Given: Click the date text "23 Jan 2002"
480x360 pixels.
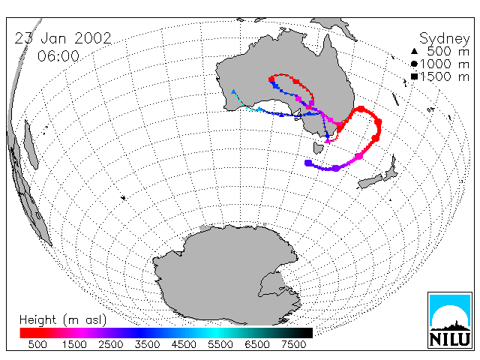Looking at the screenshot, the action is pyautogui.click(x=63, y=38).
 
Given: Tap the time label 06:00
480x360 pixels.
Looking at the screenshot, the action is pyautogui.click(x=58, y=56).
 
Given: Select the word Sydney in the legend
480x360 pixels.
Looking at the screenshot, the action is pyautogui.click(x=445, y=39).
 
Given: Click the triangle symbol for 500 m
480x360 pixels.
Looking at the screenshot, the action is pyautogui.click(x=414, y=51).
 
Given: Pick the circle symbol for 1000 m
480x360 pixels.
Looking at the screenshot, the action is pyautogui.click(x=414, y=64).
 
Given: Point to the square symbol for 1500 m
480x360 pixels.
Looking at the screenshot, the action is pyautogui.click(x=415, y=76).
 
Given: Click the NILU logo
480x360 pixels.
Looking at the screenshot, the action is pyautogui.click(x=450, y=320).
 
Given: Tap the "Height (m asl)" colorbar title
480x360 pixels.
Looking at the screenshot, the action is pyautogui.click(x=63, y=320).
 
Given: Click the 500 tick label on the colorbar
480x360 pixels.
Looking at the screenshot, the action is pyautogui.click(x=37, y=344).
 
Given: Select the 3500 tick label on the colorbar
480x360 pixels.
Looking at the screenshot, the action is pyautogui.click(x=147, y=344).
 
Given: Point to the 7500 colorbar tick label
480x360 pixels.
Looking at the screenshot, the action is pyautogui.click(x=293, y=344).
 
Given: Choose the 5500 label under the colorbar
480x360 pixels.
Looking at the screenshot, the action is pyautogui.click(x=220, y=344).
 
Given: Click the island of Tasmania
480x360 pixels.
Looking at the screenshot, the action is pyautogui.click(x=318, y=148).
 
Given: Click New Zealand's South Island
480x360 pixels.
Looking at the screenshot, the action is pyautogui.click(x=370, y=181).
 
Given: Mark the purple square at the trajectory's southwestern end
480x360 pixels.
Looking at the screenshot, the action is pyautogui.click(x=308, y=163).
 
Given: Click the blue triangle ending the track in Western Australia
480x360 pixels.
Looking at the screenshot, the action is pyautogui.click(x=233, y=91).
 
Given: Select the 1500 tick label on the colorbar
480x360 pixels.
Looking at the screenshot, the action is pyautogui.click(x=74, y=344).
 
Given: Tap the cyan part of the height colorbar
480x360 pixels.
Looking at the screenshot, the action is pyautogui.click(x=214, y=333).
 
